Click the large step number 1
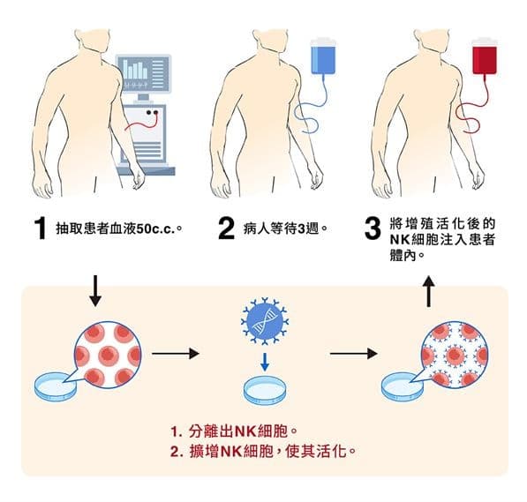[41, 229]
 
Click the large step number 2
[226, 229]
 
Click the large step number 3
[373, 229]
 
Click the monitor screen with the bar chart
[144, 73]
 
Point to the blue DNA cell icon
[265, 321]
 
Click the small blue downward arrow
[265, 362]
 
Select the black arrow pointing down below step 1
[96, 290]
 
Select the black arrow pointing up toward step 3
[429, 291]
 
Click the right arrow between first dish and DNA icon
[176, 354]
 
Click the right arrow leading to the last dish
[354, 354]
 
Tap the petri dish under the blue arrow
[266, 391]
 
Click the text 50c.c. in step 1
[156, 229]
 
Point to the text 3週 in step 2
[308, 229]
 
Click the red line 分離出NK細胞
[234, 431]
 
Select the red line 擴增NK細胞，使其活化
[262, 451]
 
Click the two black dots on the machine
[152, 113]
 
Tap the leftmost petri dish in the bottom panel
[56, 387]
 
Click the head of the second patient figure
[269, 35]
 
